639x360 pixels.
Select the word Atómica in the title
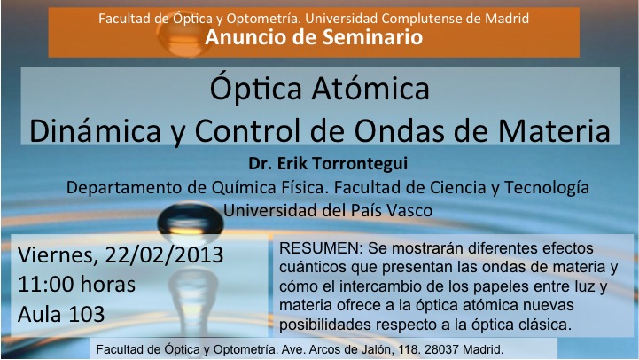(x=370, y=88)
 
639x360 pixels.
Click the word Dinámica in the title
(x=95, y=130)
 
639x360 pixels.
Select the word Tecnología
(x=547, y=188)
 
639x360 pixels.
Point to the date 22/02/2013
(x=164, y=255)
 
